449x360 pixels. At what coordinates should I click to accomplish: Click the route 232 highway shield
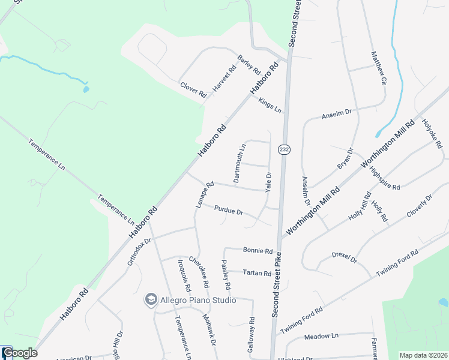tap(284, 149)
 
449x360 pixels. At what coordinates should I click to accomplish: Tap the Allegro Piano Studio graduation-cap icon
tap(150, 299)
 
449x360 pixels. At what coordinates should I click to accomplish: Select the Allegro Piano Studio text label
tap(197, 300)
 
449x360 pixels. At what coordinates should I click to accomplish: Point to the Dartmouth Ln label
tap(240, 163)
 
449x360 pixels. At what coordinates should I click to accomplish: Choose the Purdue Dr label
tap(229, 211)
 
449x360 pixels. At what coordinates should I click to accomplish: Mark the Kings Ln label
tap(270, 105)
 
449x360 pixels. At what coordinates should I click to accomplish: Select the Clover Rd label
tap(193, 90)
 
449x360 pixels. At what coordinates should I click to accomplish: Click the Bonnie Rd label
tap(258, 251)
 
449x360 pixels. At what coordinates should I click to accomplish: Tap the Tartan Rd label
tap(258, 273)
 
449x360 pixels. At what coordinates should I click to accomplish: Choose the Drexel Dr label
tap(344, 258)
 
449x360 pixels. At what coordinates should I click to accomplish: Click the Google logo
tap(19, 353)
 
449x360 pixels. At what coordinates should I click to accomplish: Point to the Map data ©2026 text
tap(423, 355)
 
